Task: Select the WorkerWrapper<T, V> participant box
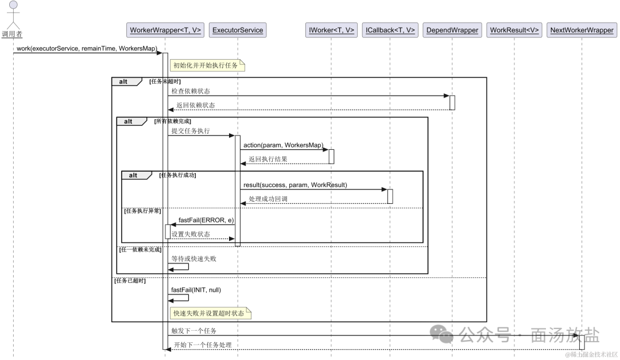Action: pos(165,30)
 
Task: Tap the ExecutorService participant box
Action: pos(237,30)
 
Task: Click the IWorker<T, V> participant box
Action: pos(331,30)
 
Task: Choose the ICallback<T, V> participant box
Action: pos(390,30)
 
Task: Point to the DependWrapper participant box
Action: pos(452,30)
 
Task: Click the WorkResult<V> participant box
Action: pos(514,30)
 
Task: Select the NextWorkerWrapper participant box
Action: pos(582,30)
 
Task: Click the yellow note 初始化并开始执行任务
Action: pos(206,65)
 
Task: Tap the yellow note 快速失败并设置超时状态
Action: pos(210,313)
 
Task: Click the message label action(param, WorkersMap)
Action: pos(283,145)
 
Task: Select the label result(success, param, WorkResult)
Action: pos(295,185)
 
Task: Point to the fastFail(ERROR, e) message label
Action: pos(206,220)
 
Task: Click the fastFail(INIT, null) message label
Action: pos(196,290)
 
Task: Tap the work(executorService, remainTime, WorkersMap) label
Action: pos(87,48)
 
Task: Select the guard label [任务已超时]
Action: pos(130,281)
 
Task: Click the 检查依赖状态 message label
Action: pos(191,91)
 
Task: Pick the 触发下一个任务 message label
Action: pos(194,331)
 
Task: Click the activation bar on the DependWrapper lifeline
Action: pos(452,102)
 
